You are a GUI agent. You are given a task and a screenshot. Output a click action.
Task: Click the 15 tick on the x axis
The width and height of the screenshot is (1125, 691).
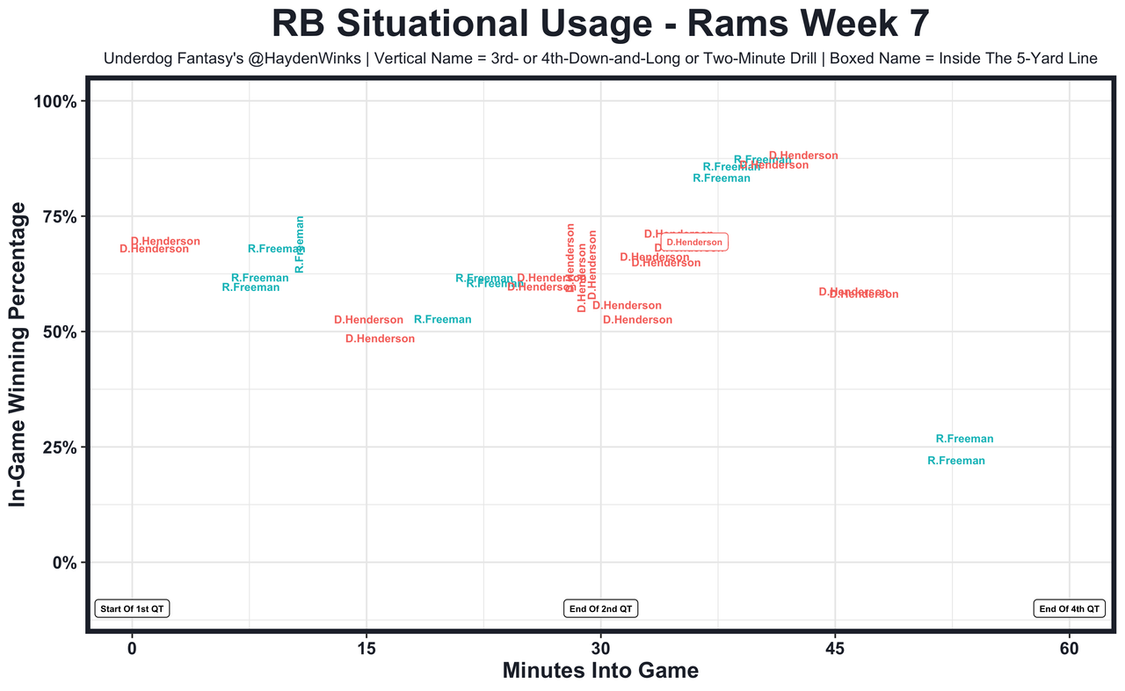pos(366,649)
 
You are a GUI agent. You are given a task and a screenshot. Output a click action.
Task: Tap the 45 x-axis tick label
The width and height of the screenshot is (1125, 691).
pos(835,649)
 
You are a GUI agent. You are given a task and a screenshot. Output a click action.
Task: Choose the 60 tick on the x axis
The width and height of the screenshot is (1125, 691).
pos(1070,649)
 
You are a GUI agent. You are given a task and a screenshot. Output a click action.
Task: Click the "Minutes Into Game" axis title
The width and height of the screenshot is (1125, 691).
pos(600,671)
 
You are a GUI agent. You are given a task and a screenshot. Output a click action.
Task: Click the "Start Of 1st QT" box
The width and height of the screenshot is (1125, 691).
pos(132,608)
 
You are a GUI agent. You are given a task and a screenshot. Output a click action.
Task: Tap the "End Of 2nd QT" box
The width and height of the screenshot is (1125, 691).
pos(600,608)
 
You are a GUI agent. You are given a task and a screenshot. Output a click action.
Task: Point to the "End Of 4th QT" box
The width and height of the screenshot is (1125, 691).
pos(1070,608)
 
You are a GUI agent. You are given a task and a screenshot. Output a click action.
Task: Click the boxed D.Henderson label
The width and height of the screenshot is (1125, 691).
pos(693,242)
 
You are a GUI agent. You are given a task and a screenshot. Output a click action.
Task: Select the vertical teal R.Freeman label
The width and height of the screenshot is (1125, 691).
pos(300,244)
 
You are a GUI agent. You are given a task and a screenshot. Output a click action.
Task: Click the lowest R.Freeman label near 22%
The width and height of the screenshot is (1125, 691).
pos(956,461)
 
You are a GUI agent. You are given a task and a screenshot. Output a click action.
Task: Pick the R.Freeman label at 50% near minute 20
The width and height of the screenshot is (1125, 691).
pos(442,319)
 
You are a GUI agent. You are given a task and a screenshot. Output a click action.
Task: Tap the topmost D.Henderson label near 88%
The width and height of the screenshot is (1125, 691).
pos(803,156)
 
